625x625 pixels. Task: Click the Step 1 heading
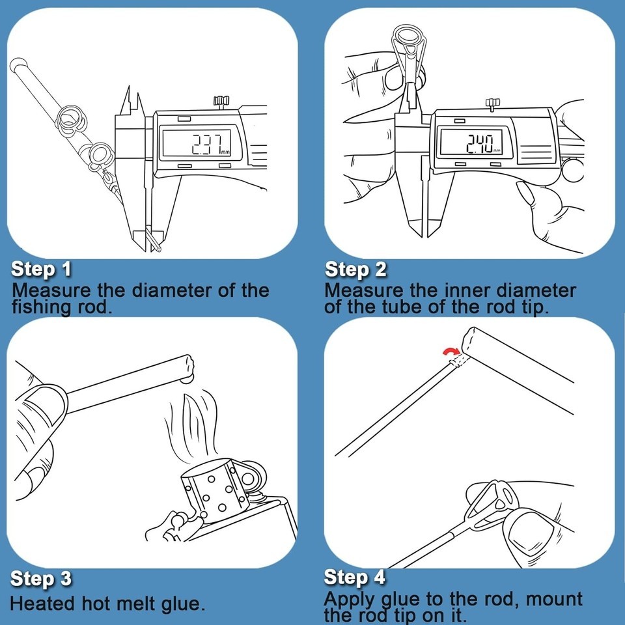point(41,269)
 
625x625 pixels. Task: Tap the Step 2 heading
point(355,269)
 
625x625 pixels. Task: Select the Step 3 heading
point(41,578)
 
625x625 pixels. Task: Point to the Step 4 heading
point(355,577)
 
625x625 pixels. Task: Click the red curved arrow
point(452,351)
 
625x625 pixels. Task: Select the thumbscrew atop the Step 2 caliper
point(493,104)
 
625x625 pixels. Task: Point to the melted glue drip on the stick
point(187,378)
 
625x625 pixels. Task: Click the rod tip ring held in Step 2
point(409,38)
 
